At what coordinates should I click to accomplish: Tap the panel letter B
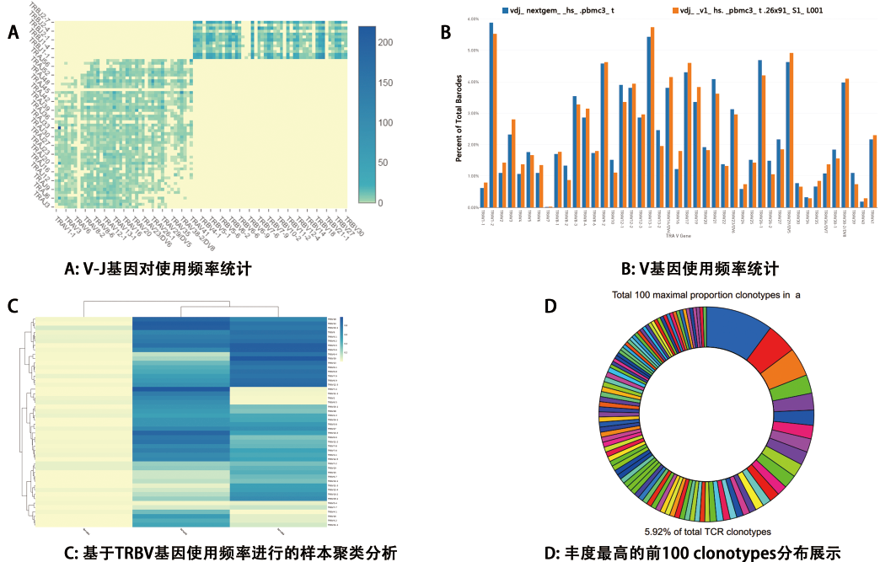point(446,33)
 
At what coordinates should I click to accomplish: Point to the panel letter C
point(13,305)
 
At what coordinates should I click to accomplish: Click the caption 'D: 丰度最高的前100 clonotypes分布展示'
point(692,552)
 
